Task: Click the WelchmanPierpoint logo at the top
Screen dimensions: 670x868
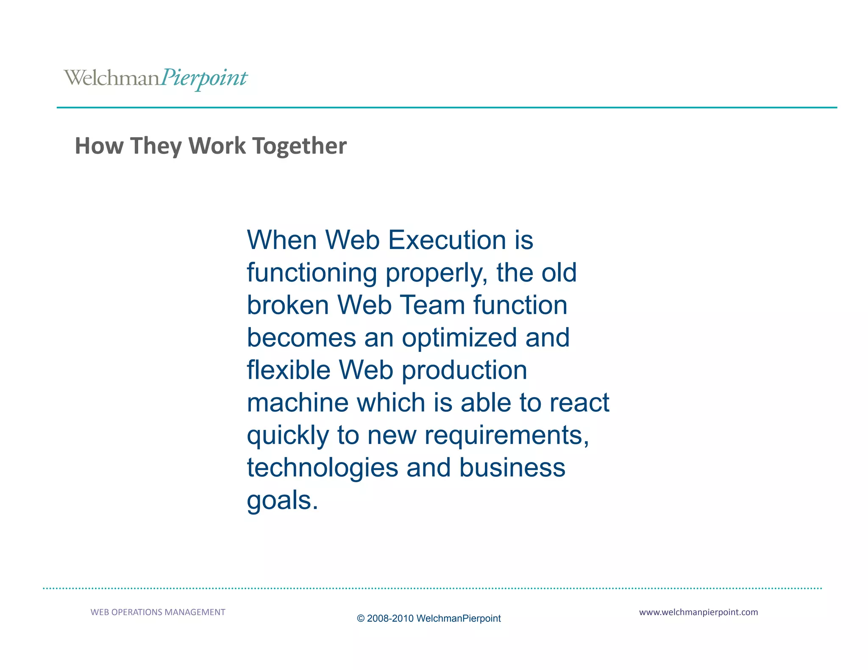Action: (x=155, y=78)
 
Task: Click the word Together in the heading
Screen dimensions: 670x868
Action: (x=300, y=146)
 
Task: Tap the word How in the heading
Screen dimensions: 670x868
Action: (x=99, y=146)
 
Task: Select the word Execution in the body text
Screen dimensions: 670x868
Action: (x=447, y=240)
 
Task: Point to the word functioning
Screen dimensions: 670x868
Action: (x=312, y=273)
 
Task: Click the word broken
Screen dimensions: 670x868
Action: (x=288, y=305)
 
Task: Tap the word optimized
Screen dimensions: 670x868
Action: (x=459, y=338)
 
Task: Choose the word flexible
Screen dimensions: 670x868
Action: (x=289, y=370)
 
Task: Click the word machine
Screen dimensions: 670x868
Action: (x=298, y=403)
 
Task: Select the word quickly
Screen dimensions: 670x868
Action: (x=288, y=436)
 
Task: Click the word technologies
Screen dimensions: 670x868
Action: (x=323, y=468)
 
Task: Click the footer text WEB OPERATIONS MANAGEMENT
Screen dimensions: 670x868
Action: (x=158, y=612)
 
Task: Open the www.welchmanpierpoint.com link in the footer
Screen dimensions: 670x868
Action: (x=698, y=612)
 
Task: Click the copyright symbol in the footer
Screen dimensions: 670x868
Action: (x=361, y=619)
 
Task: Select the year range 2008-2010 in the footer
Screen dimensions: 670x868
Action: (x=390, y=619)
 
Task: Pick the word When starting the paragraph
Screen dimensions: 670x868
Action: (x=282, y=240)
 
